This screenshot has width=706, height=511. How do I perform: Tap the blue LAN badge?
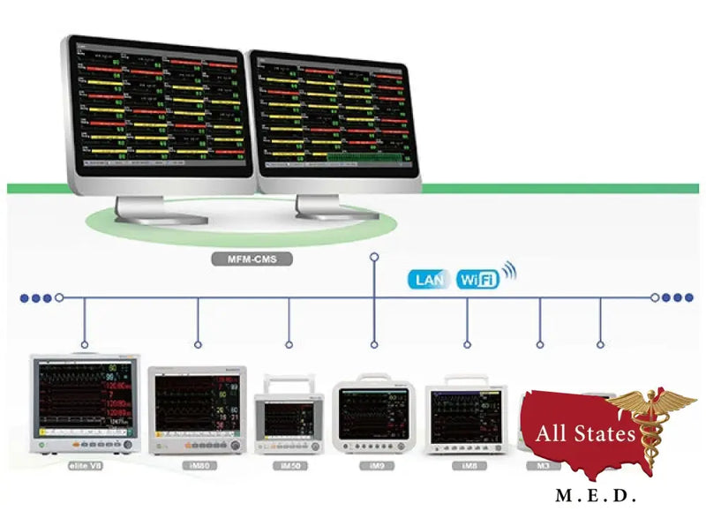click(x=430, y=280)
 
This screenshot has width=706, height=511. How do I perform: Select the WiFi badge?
click(x=477, y=280)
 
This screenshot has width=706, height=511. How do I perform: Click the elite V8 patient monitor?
click(x=85, y=402)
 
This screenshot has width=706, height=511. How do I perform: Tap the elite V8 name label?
click(x=86, y=464)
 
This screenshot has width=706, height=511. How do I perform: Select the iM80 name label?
click(x=198, y=464)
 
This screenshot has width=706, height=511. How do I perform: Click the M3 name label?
click(x=540, y=464)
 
